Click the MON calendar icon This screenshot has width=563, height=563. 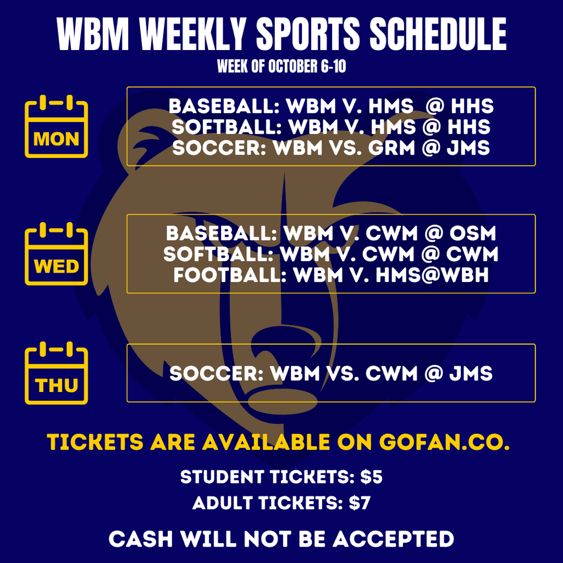coord(56,127)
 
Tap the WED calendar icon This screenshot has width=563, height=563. coord(56,254)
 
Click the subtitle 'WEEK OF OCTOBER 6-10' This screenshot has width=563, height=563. coord(281,67)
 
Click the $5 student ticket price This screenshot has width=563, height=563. coord(371,477)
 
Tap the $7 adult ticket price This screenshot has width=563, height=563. coord(360,503)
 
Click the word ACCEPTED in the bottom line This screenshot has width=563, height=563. coord(393,539)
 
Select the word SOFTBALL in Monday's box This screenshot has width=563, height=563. coord(226,128)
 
